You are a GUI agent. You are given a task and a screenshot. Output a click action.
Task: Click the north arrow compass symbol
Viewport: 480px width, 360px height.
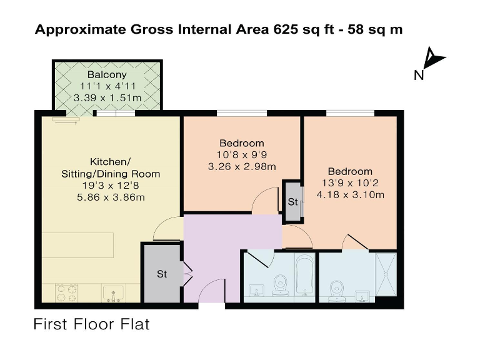coord(432,60)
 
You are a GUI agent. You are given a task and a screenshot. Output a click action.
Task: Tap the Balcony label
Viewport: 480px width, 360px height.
coord(107,75)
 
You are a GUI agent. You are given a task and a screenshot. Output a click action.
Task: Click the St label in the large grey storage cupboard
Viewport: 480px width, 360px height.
coord(162,274)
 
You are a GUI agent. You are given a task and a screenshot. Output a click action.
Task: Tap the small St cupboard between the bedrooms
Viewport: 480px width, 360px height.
coord(292,202)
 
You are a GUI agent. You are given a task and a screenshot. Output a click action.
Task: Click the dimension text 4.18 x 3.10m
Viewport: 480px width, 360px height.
coord(350,194)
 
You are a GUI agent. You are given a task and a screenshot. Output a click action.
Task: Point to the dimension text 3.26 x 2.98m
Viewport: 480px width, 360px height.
coord(242,166)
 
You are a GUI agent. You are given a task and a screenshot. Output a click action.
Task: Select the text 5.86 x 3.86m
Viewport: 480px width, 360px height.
coord(110,197)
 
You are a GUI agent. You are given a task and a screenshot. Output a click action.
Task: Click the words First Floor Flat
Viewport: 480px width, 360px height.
coord(91,324)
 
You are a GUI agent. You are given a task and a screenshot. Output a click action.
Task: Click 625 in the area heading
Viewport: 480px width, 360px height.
coord(279,29)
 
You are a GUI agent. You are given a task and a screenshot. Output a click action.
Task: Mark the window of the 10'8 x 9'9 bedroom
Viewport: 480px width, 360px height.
coord(242,113)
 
